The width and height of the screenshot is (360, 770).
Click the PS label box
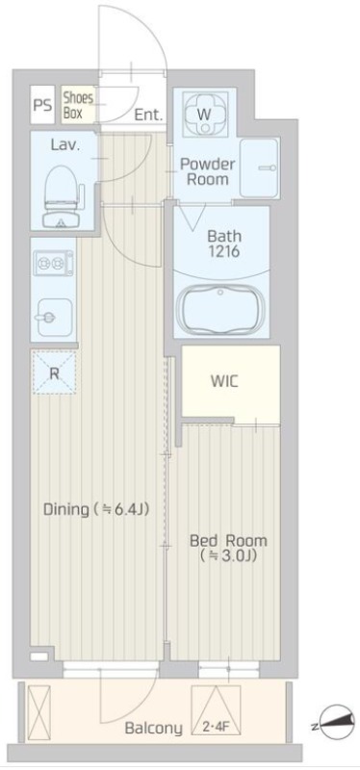click(x=42, y=105)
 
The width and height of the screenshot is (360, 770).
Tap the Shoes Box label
click(x=78, y=105)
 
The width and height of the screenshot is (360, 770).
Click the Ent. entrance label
click(x=148, y=115)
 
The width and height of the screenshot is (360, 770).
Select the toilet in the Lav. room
click(x=61, y=195)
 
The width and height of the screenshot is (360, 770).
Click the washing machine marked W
click(x=204, y=115)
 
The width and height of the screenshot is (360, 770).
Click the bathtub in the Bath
click(x=221, y=310)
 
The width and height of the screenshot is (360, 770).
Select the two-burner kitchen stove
click(x=53, y=263)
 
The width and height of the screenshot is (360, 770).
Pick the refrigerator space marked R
click(x=54, y=372)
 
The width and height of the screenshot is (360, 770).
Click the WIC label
click(x=224, y=381)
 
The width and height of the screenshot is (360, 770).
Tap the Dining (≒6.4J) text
click(x=96, y=510)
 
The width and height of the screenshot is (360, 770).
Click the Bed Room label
click(x=228, y=541)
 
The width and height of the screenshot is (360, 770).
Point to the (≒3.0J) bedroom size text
click(x=229, y=556)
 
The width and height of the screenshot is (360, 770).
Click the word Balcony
click(x=153, y=729)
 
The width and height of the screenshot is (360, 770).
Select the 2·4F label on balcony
click(x=217, y=727)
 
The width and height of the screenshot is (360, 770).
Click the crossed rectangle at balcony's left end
click(x=39, y=709)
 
